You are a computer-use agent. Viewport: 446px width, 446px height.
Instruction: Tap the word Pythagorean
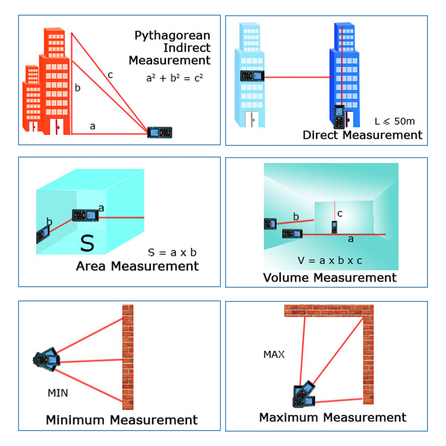point(172,35)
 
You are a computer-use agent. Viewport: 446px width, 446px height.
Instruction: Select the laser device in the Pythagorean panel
point(159,132)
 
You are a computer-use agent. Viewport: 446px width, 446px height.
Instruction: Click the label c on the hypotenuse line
point(110,75)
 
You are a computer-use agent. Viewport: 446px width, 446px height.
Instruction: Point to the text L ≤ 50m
point(395,121)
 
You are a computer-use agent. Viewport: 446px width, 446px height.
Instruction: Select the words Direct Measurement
point(362,135)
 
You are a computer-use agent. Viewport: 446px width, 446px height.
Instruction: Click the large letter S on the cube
point(87,244)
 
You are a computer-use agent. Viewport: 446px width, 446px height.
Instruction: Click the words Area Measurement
point(137,266)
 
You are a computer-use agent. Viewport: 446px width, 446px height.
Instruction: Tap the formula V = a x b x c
point(330,260)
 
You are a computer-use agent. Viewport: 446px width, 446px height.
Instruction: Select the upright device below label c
point(334,227)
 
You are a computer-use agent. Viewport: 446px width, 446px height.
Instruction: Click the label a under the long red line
point(351,240)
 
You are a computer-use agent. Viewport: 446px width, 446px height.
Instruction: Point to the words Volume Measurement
point(330,277)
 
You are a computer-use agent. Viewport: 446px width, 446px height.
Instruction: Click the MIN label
point(57,393)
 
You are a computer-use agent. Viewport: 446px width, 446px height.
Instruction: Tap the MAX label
point(274,355)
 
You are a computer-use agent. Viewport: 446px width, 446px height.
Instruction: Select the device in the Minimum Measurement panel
point(47,359)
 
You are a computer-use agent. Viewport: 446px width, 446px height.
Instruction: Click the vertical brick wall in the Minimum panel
point(128,357)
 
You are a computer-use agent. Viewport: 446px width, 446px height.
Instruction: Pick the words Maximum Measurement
point(333,418)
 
